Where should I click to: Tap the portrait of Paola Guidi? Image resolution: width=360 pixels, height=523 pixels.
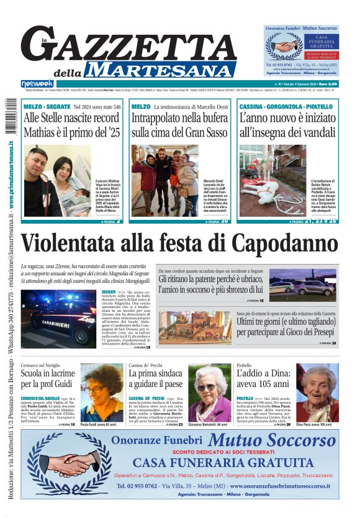[x=102, y=393]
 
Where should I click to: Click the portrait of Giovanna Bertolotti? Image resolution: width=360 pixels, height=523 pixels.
[x=209, y=393]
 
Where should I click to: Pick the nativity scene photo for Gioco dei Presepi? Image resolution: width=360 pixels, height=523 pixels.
[x=196, y=327]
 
